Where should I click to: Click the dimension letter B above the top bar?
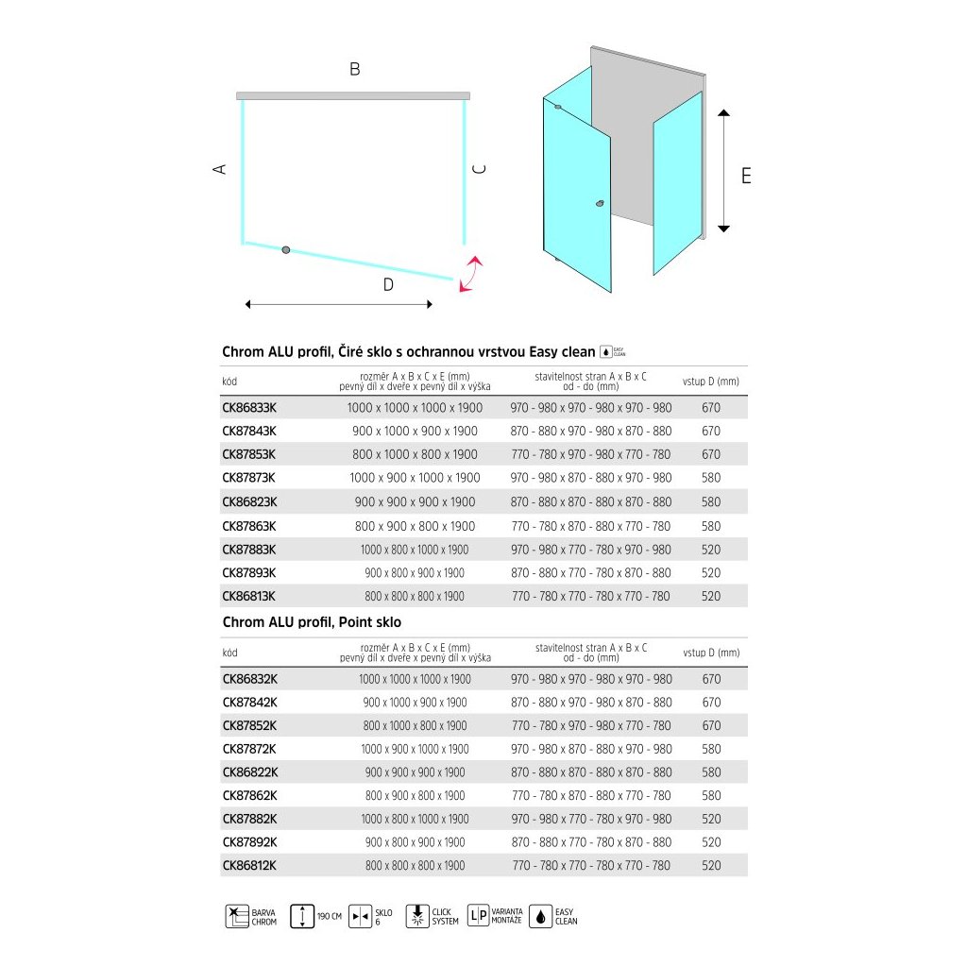(x=354, y=69)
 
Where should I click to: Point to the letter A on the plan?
(x=220, y=169)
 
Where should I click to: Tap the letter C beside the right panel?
(x=479, y=169)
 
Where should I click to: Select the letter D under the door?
(x=388, y=285)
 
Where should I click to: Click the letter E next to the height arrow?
(x=746, y=176)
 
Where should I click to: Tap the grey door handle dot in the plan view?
(x=286, y=249)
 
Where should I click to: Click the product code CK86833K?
(x=249, y=408)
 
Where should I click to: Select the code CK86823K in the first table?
(x=249, y=502)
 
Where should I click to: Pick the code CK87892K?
(x=249, y=842)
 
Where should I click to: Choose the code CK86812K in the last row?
(x=249, y=865)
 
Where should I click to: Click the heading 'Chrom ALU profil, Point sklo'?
(x=312, y=622)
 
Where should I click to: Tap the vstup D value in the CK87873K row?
(x=711, y=478)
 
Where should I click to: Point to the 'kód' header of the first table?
(x=230, y=382)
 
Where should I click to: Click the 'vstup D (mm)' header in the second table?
(x=711, y=653)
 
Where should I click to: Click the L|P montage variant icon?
(x=478, y=916)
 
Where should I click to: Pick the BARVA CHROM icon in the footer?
(x=236, y=916)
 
